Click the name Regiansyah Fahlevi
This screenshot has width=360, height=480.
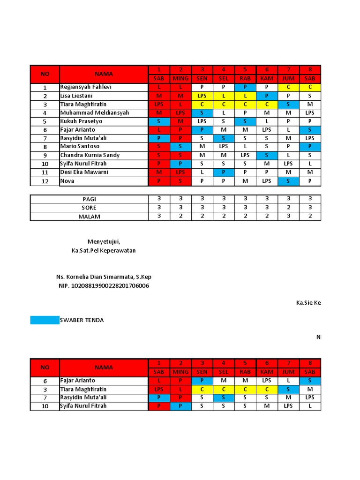pyautogui.click(x=86, y=87)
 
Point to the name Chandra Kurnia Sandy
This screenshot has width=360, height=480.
pyautogui.click(x=90, y=155)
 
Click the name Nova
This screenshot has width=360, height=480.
pyautogui.click(x=67, y=181)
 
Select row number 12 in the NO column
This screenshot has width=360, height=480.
pyautogui.click(x=45, y=181)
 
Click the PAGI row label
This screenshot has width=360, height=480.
pyautogui.click(x=89, y=199)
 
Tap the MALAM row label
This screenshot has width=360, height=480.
pyautogui.click(x=89, y=217)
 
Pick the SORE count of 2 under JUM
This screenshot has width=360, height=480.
pyautogui.click(x=288, y=208)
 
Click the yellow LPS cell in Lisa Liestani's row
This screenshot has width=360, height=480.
pyautogui.click(x=202, y=96)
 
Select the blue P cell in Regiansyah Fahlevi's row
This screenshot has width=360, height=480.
pyautogui.click(x=245, y=87)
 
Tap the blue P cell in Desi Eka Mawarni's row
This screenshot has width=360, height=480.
pyautogui.click(x=224, y=172)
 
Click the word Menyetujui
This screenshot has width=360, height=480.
pyautogui.click(x=104, y=242)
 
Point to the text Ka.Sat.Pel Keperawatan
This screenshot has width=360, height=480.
pyautogui.click(x=104, y=250)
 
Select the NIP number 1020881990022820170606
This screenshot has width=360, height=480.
pyautogui.click(x=104, y=285)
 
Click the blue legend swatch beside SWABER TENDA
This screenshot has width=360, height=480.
pyautogui.click(x=45, y=320)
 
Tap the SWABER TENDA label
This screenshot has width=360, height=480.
pyautogui.click(x=82, y=320)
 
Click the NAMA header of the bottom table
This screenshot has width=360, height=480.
pyautogui.click(x=104, y=367)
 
